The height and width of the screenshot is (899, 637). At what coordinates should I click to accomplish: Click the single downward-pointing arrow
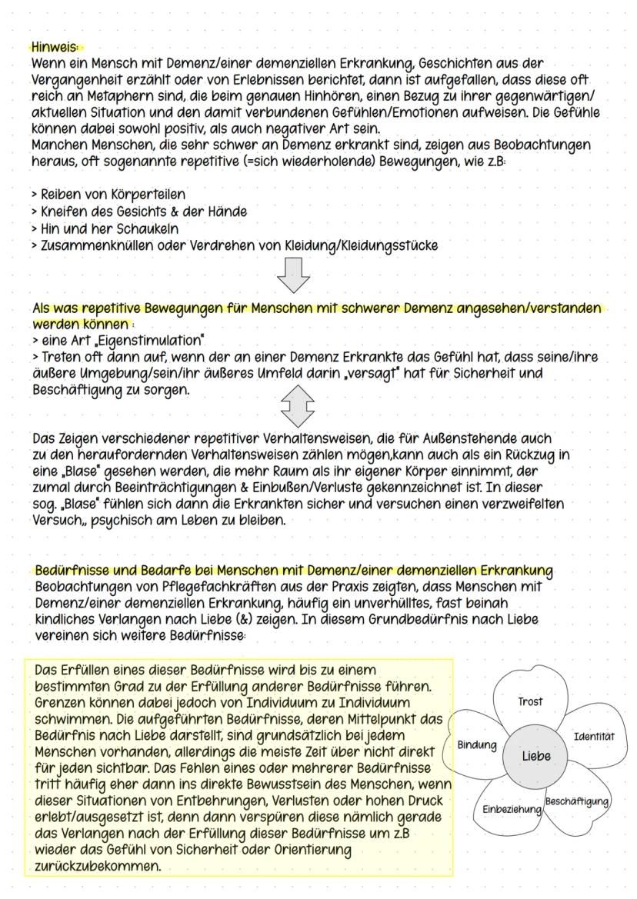pos(296,274)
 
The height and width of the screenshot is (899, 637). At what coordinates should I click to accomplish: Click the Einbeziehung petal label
pos(512,811)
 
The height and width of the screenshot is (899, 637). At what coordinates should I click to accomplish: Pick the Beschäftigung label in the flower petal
pos(576,801)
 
